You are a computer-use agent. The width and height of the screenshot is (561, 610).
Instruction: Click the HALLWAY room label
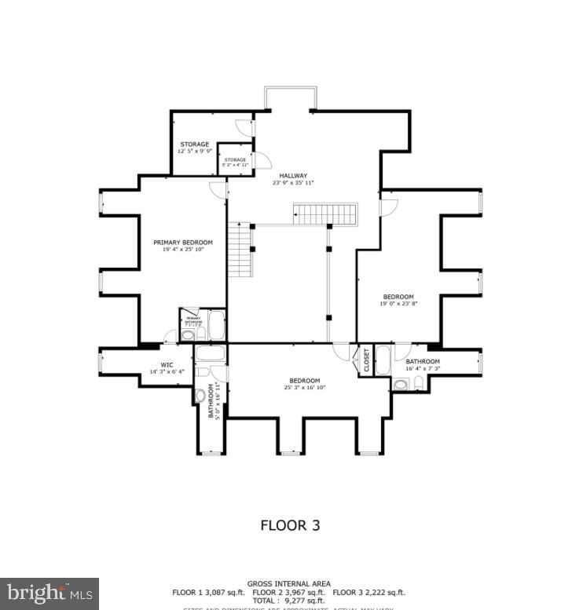293,176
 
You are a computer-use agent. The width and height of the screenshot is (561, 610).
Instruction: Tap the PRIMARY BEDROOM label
182,243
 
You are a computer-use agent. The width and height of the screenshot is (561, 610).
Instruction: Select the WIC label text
167,364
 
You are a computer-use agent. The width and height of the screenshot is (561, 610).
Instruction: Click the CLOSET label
366,360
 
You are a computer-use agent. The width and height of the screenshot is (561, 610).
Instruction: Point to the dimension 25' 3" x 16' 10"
304,387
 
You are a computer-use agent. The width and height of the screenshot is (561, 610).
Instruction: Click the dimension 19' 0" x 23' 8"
398,304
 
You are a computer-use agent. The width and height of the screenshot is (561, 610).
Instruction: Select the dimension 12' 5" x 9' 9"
194,152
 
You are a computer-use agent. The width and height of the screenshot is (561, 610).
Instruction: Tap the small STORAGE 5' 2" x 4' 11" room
234,162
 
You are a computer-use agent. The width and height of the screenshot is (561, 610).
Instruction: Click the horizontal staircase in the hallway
325,213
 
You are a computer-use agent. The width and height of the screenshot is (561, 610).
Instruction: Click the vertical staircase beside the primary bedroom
240,249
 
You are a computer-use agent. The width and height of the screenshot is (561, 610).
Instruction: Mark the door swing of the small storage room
265,160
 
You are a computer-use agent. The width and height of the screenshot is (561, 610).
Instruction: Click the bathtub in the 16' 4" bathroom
383,360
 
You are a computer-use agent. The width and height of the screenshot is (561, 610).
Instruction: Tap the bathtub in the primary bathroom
216,324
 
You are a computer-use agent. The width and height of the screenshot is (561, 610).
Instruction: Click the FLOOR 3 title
290,525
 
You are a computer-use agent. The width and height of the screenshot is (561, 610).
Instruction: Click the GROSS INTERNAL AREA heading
290,583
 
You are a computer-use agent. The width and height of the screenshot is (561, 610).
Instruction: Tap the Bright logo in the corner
49,593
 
